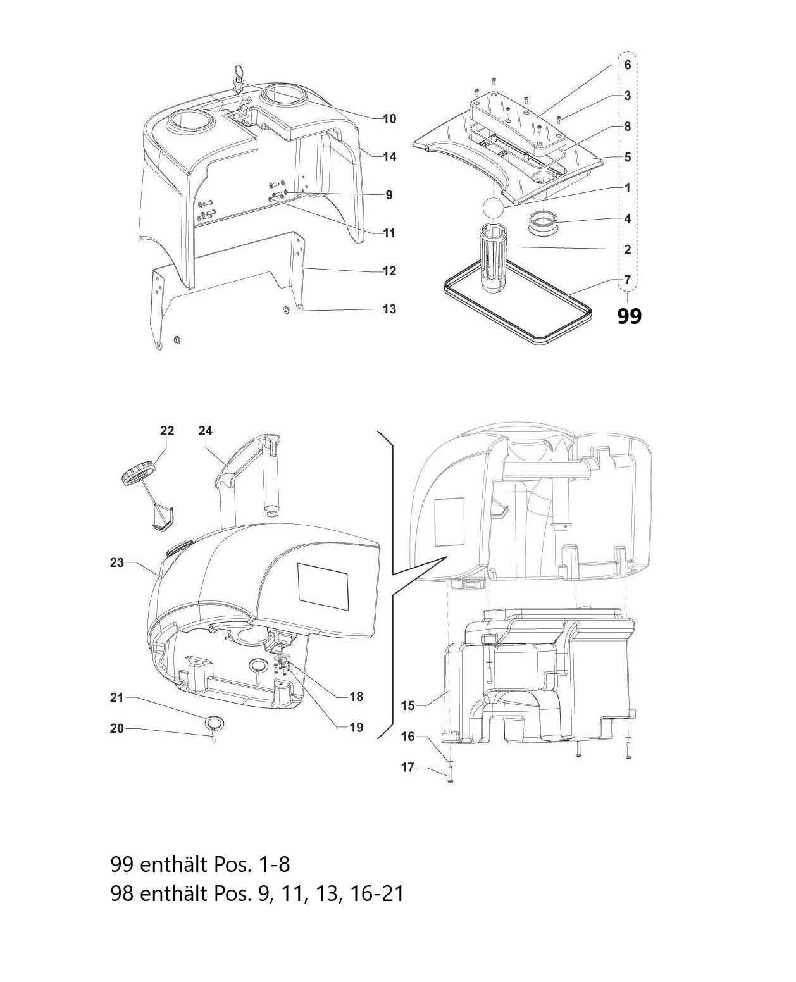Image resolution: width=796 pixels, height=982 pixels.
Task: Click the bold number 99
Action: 629,316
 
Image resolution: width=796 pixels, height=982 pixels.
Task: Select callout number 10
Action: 390,119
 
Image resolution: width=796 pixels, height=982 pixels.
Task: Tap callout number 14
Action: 390,157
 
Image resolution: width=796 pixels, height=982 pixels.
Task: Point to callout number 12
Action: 390,271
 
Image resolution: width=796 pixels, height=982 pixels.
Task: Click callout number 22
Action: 167,431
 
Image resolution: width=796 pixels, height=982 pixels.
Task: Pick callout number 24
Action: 206,431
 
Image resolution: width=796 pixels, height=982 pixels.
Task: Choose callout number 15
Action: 408,706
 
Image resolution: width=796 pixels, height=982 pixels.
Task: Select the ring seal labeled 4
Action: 542,223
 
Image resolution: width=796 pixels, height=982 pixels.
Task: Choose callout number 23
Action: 117,563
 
